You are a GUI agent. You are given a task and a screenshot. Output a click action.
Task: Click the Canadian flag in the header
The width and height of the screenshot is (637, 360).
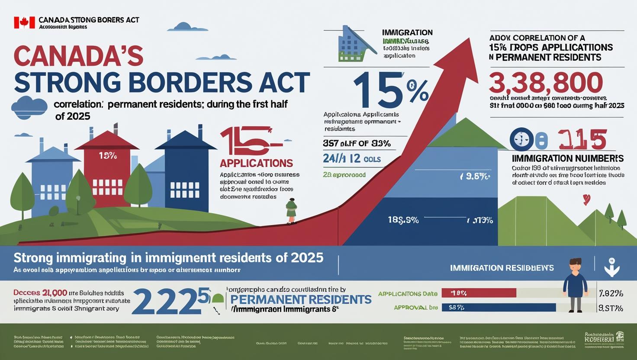click(24, 23)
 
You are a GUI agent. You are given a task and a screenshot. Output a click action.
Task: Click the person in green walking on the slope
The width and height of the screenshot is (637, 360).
click(291, 211)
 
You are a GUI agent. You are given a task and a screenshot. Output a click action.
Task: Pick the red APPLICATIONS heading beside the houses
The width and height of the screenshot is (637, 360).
click(256, 163)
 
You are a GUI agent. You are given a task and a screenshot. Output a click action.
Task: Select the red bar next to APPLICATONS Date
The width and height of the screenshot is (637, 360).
click(479, 293)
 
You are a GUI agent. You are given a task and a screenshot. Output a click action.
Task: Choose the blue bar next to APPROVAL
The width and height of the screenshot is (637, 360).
click(498, 308)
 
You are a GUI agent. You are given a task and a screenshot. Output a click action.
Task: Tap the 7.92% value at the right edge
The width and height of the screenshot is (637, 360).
click(610, 294)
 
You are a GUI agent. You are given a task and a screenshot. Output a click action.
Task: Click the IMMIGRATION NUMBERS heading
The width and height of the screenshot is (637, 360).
click(567, 158)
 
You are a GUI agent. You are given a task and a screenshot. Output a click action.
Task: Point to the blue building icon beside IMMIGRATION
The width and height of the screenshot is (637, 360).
click(354, 43)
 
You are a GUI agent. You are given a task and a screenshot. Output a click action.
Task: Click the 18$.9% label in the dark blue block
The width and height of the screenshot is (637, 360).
click(403, 220)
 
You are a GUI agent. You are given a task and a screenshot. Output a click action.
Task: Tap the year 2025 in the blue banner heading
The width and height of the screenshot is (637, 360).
click(307, 257)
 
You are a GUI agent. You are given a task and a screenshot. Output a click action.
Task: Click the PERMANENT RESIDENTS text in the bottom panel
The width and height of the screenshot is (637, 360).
click(301, 299)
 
